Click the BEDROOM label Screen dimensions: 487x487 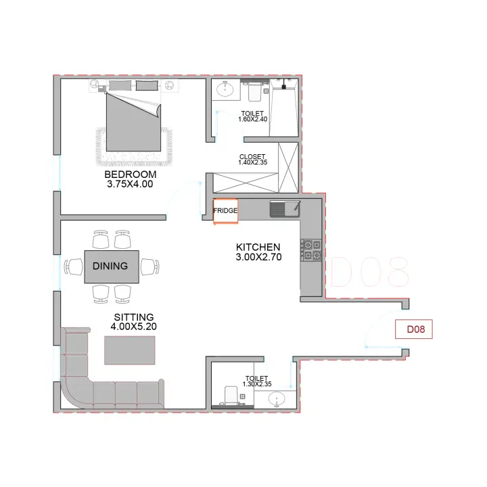pos(130,175)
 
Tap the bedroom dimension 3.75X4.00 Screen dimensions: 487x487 pos(130,184)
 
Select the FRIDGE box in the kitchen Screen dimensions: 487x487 pos(225,211)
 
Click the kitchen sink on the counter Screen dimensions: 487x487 pos(285,209)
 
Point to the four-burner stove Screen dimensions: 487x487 pos(311,250)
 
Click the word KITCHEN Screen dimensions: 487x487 pos(258,248)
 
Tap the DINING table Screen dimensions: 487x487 pos(112,266)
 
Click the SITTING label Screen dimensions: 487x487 pos(134,317)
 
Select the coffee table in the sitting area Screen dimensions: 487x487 pos(129,350)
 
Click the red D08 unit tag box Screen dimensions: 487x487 pos(414,329)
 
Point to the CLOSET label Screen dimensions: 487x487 pos(252,157)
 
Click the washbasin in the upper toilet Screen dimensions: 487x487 pos(225,90)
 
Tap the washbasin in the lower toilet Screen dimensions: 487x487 pos(276,399)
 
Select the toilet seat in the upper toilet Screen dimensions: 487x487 pos(254,91)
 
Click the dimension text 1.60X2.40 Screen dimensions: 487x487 pos(252,119)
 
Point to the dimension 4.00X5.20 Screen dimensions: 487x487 pos(133,327)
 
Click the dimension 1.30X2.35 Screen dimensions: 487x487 pos(257,384)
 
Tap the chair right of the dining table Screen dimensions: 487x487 pos(150,266)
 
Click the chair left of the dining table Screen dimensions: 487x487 pos(73,266)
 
